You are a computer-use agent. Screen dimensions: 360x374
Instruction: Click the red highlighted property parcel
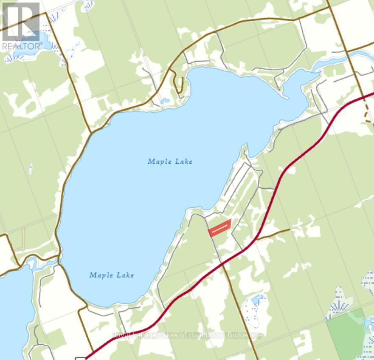coord(219,228)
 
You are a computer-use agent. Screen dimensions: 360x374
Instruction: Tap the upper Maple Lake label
coord(170,162)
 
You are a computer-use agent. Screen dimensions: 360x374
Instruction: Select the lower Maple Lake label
coord(111,275)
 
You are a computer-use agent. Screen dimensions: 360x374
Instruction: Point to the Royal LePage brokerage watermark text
coord(187,335)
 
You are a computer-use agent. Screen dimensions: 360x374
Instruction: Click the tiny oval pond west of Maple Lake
coord(31,169)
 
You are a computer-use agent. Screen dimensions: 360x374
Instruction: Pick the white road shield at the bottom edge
coord(80,358)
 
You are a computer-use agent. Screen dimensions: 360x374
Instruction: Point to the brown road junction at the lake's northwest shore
coord(90,133)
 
